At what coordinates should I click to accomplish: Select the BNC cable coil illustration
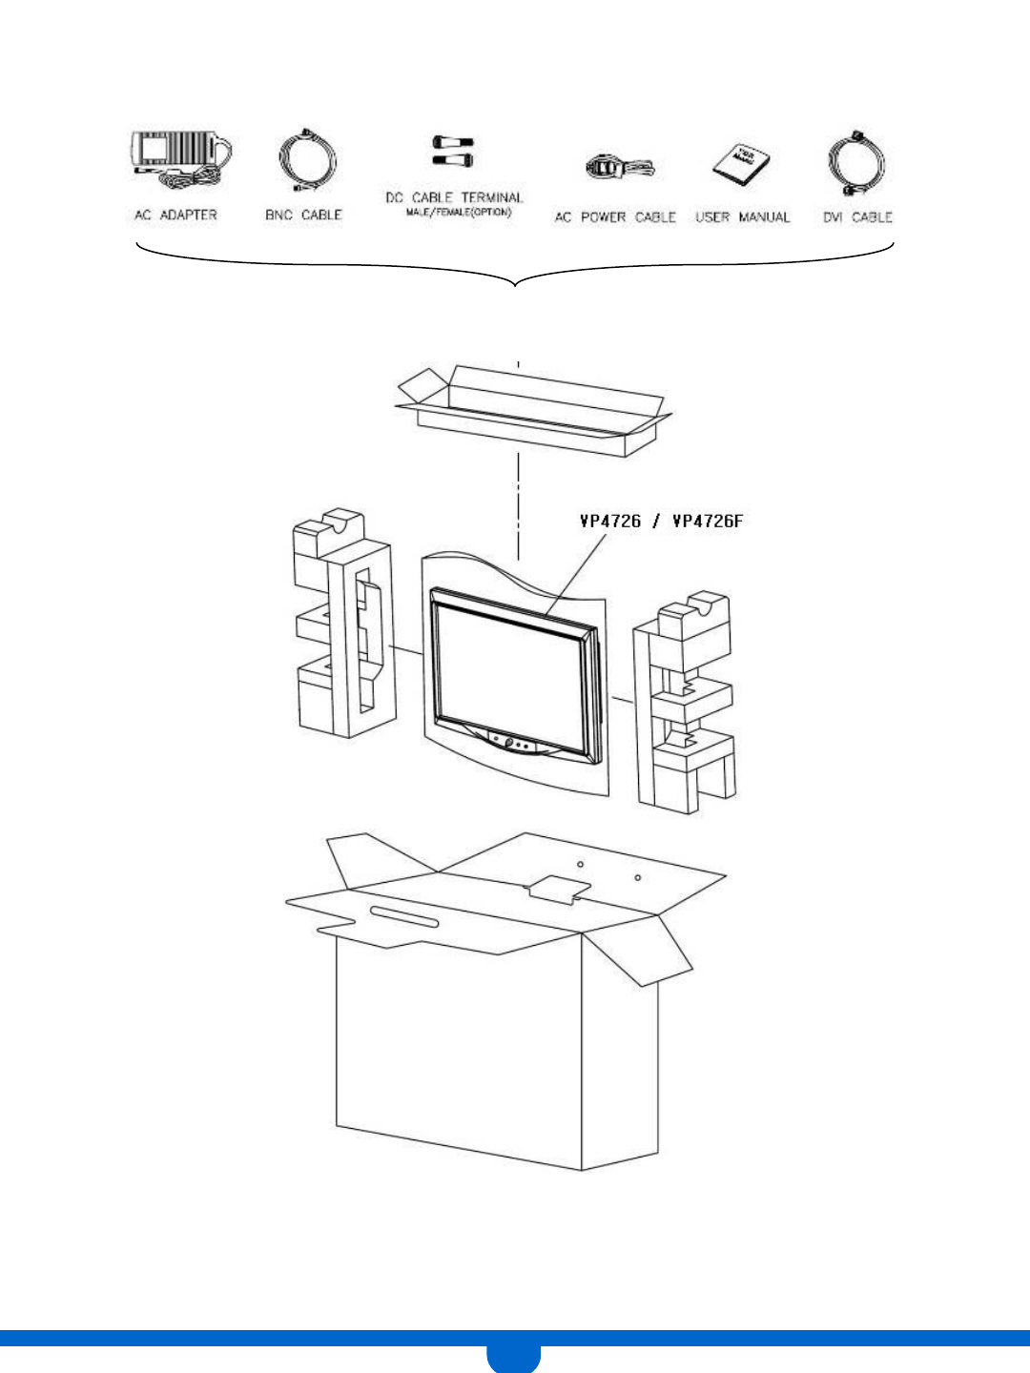tap(307, 160)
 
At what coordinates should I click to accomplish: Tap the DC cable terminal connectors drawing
tap(452, 151)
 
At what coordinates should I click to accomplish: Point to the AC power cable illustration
tap(618, 168)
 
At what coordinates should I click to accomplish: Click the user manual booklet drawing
tap(742, 165)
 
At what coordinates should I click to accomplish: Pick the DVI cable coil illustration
tap(856, 162)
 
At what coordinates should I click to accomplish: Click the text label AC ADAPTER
tap(175, 215)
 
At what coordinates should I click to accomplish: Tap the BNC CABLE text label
tap(303, 215)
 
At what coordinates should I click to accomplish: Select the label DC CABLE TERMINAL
tap(454, 197)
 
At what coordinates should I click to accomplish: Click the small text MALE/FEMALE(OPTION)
tap(459, 212)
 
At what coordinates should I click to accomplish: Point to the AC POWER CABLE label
tap(615, 217)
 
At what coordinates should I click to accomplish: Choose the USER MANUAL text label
tap(742, 217)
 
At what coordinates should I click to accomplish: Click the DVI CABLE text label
tap(857, 217)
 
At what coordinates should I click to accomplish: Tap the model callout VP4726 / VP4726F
tap(661, 521)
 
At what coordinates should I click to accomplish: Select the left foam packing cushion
tap(344, 629)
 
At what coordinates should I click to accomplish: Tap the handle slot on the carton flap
tap(404, 916)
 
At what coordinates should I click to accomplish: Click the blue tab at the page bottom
tap(513, 1356)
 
